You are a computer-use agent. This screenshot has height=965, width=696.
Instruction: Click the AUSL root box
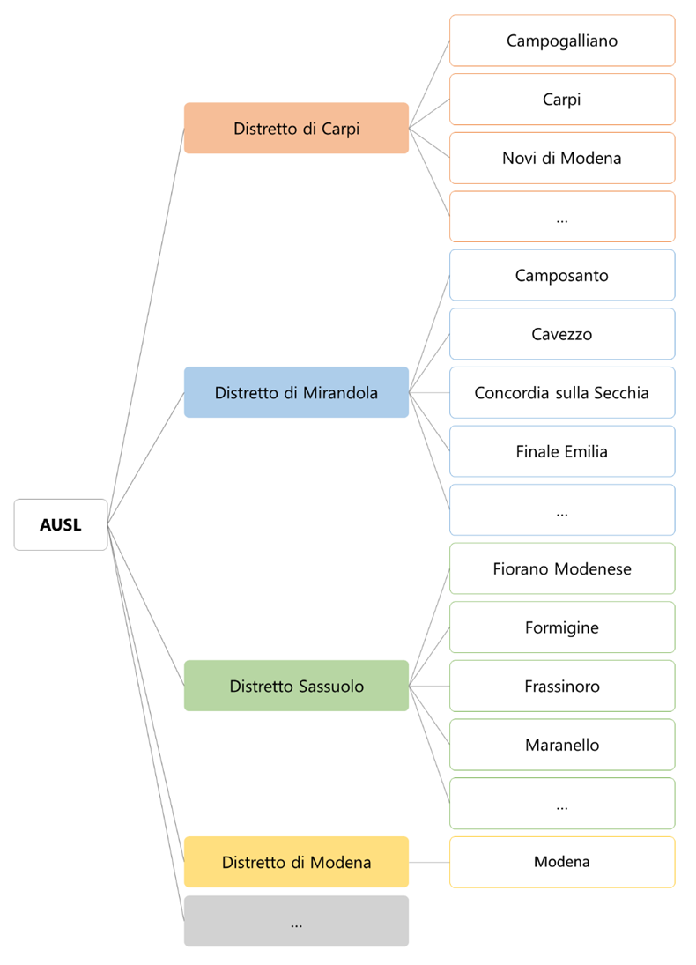coord(60,525)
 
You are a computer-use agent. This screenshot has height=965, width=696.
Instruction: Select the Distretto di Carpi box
coord(296,129)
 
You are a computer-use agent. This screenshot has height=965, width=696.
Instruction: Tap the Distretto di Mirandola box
coord(296,392)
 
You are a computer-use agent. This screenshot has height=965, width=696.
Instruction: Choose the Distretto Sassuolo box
coord(296,686)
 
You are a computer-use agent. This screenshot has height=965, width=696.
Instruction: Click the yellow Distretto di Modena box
coord(296,862)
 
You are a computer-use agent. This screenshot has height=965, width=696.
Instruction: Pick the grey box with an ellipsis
coord(296,922)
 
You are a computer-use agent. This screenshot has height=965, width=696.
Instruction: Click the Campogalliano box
coord(562,41)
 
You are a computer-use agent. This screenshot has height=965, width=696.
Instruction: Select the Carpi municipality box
coord(562,100)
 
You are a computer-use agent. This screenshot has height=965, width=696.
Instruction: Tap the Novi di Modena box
coord(562,159)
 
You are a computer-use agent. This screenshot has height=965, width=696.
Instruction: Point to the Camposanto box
coord(562,276)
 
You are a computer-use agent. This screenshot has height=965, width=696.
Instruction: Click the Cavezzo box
coord(562,334)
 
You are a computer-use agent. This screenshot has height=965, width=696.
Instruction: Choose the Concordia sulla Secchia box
coord(562,393)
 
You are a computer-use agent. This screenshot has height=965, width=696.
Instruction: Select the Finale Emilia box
coord(562,451)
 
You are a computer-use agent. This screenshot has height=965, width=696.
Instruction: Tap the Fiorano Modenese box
coord(562,569)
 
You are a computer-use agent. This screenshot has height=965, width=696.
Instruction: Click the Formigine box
coord(562,627)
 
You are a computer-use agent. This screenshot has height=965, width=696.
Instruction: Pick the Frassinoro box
coord(562,686)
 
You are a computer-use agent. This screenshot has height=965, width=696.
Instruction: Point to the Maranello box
coord(562,745)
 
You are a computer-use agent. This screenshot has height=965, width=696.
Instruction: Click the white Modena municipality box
coord(562,862)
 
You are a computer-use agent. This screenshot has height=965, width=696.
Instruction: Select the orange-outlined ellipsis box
coord(562,217)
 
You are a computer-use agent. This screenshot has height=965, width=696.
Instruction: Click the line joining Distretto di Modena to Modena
coord(429,862)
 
